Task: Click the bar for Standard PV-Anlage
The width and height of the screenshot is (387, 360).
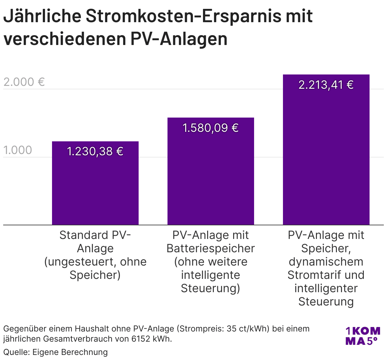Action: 95,190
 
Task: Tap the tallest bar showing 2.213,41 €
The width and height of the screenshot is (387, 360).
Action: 326,158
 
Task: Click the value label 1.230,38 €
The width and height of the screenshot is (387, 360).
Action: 95,151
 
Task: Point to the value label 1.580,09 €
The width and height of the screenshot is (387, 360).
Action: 211,128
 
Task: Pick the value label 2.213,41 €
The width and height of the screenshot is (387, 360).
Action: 326,85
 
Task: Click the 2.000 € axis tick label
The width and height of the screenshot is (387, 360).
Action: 24,82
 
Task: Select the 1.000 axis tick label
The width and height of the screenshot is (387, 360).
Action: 18,150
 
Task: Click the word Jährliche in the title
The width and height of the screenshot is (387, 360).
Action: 42,16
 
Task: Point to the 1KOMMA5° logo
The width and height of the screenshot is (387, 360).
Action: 363,336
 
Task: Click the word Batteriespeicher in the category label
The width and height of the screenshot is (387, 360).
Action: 211,248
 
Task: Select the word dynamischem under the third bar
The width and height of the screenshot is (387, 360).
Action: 326,262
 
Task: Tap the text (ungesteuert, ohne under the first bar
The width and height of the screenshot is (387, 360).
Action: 95,262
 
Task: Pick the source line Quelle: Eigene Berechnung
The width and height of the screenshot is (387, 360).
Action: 56,352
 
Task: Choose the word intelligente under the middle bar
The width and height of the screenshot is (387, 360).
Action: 211,275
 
